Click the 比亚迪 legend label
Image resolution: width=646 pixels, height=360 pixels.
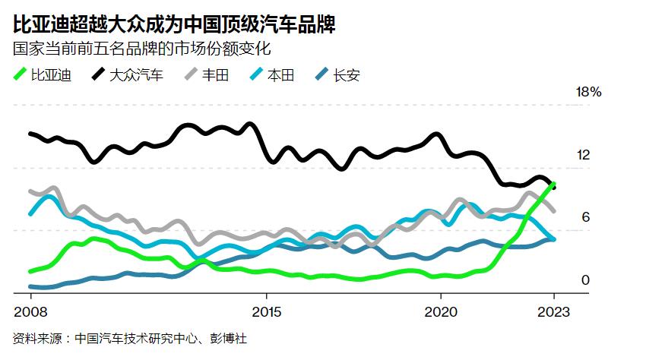point(51,74)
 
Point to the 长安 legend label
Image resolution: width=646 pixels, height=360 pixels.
point(347,74)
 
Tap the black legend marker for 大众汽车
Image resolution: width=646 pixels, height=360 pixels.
point(99,74)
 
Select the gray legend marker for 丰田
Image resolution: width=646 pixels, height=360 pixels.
point(192,74)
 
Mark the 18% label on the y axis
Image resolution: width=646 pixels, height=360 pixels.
point(589,93)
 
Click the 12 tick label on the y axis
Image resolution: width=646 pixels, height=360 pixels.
point(583,155)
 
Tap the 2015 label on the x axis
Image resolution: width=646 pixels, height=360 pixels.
point(266,311)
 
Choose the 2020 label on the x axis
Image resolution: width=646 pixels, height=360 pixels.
point(441,311)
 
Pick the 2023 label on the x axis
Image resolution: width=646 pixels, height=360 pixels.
point(554,311)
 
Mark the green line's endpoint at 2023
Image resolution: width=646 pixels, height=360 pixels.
point(554,184)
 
